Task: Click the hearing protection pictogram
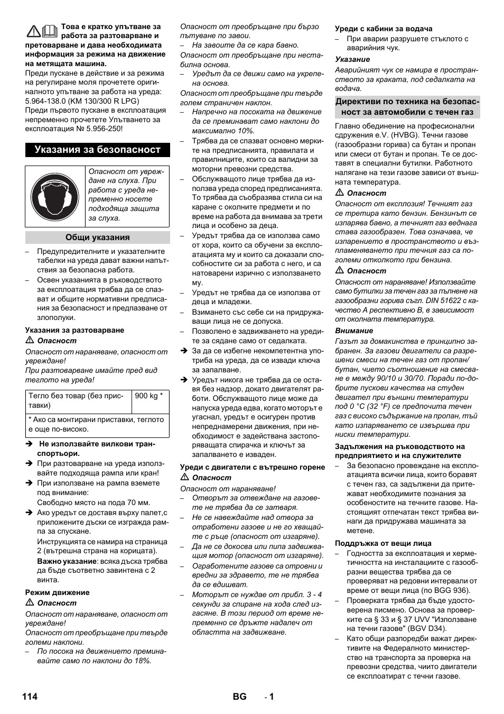tap(55, 196)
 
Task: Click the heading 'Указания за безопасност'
tap(98, 150)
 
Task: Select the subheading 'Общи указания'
tap(98, 237)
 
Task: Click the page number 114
tap(30, 697)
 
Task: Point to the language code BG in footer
tap(239, 697)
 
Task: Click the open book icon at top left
tap(50, 32)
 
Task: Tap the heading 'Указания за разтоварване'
tap(74, 330)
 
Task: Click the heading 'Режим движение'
tap(58, 592)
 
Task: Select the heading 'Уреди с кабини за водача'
tap(384, 29)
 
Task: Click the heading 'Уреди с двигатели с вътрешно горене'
tap(253, 467)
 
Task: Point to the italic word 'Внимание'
tap(354, 331)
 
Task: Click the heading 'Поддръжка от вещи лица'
tap(383, 543)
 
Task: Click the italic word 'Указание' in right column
tap(352, 59)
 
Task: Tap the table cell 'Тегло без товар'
tap(78, 400)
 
